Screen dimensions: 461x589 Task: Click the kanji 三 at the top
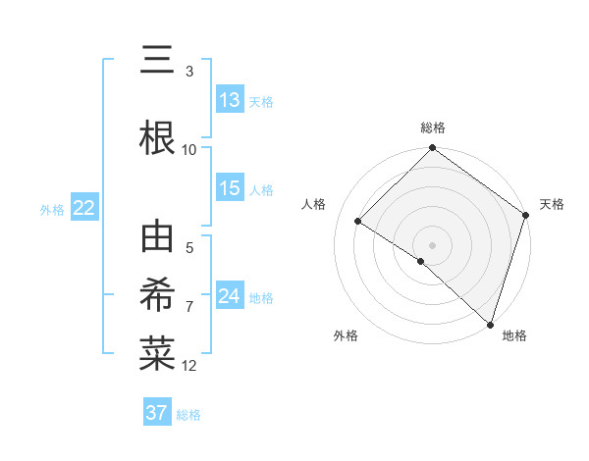[x=157, y=61]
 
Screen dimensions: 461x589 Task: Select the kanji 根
[x=157, y=137]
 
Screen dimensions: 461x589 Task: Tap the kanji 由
[x=157, y=238]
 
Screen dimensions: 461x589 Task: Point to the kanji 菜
[x=157, y=354]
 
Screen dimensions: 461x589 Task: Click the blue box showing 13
[x=230, y=100]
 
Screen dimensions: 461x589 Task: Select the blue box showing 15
[x=230, y=188]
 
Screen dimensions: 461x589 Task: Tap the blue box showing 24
[x=230, y=296]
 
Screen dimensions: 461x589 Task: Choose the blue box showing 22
[x=83, y=207]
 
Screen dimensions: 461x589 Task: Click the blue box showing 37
[x=156, y=413]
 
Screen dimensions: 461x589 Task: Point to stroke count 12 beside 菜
[x=189, y=366]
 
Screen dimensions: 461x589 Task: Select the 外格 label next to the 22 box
[x=52, y=209]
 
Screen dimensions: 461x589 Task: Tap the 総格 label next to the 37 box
[x=188, y=415]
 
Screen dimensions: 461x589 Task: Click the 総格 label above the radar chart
[x=432, y=128]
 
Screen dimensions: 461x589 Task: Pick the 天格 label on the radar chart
[x=552, y=204]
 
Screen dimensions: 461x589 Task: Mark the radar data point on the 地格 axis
[x=490, y=324]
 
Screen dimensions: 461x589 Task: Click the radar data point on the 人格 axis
[x=358, y=222]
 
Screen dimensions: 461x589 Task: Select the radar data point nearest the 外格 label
[x=421, y=261]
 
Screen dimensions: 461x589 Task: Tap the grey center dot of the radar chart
[x=432, y=244]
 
